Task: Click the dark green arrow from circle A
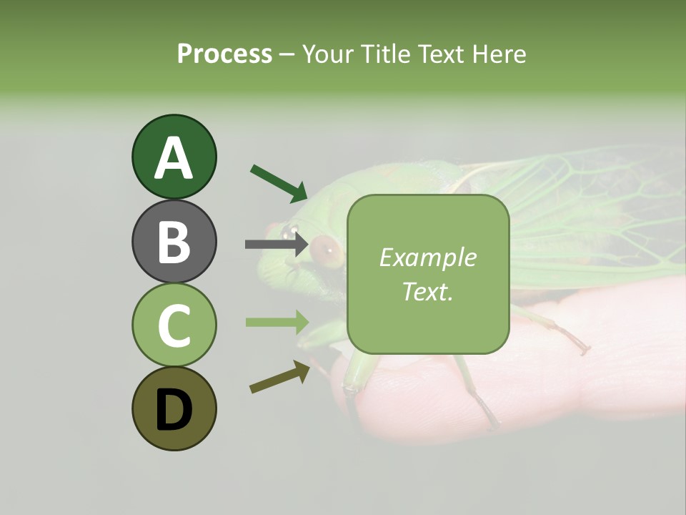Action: click(x=279, y=182)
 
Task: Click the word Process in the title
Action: click(x=224, y=54)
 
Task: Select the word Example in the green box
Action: click(x=427, y=257)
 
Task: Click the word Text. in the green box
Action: click(x=427, y=291)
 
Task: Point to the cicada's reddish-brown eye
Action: click(x=326, y=247)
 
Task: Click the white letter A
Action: click(x=174, y=157)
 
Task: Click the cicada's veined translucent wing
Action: click(x=572, y=215)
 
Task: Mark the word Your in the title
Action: click(x=327, y=54)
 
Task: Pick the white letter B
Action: click(x=174, y=242)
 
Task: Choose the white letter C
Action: click(x=174, y=325)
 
